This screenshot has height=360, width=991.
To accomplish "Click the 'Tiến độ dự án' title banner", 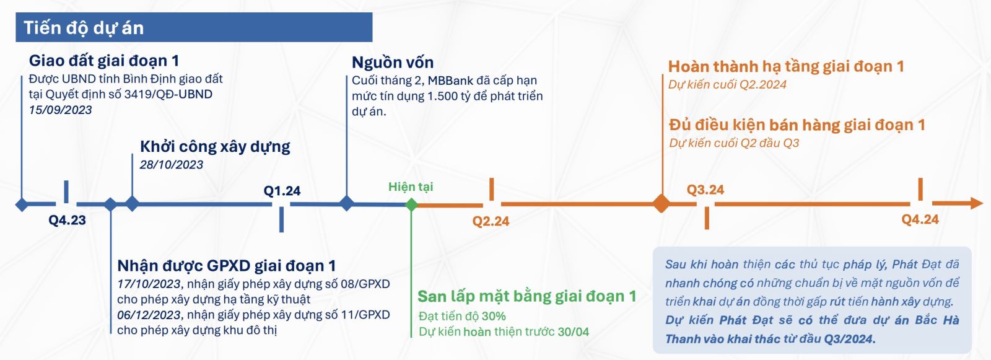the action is point(194,27).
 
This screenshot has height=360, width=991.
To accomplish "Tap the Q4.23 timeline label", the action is point(68,220).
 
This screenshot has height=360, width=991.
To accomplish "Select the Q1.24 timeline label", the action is point(282,191).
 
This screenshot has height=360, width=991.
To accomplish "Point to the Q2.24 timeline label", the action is point(491,221).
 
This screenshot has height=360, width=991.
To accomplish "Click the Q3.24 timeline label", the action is point(705,190).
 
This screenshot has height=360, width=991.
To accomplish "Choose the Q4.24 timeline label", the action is point(920,219).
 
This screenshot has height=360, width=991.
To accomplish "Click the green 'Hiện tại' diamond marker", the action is point(411,204).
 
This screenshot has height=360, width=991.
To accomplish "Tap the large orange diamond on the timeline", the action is point(662,204).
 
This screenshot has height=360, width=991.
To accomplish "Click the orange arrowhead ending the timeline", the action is point(976,203).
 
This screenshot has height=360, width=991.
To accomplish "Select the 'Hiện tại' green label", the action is point(411,187).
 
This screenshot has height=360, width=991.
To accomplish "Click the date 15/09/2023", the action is point(60,110).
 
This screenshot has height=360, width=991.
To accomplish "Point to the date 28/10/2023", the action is point(171,165).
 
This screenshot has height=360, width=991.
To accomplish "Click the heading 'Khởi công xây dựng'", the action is point(215,147).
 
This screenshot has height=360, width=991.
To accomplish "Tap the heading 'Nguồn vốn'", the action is point(393,63).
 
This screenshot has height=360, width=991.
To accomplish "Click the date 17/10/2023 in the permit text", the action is point(149,284).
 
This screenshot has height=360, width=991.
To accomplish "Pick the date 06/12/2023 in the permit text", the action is point(149,315).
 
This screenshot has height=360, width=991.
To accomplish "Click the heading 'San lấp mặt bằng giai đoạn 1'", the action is point(527,296).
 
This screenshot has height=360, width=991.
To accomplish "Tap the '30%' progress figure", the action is point(494,316).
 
